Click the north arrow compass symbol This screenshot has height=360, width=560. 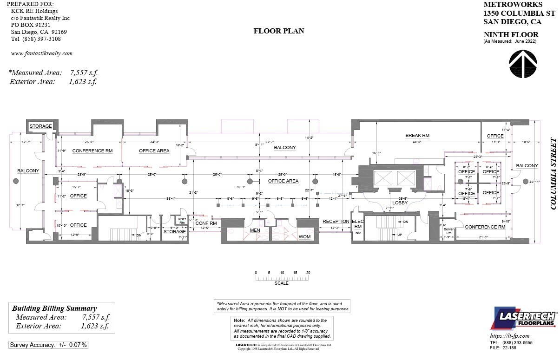tap(523, 64)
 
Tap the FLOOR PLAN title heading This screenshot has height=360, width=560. tap(279, 31)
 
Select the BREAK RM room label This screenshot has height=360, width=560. tap(417, 136)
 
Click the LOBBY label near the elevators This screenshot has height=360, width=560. tap(400, 203)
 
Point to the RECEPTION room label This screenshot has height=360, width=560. tap(336, 222)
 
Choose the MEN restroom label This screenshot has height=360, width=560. tap(255, 230)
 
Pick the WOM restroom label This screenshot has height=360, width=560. tap(304, 237)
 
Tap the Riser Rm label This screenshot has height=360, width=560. tap(182, 221)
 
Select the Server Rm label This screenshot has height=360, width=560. tap(448, 231)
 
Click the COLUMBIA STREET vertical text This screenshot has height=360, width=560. tap(553, 173)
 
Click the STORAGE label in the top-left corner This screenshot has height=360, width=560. tap(40, 126)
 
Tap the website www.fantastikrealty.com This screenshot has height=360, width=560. tap(41, 53)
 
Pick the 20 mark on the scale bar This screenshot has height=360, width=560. tap(308, 273)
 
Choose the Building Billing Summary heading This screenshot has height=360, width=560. tap(54, 308)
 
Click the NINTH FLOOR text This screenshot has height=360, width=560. tap(511, 34)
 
